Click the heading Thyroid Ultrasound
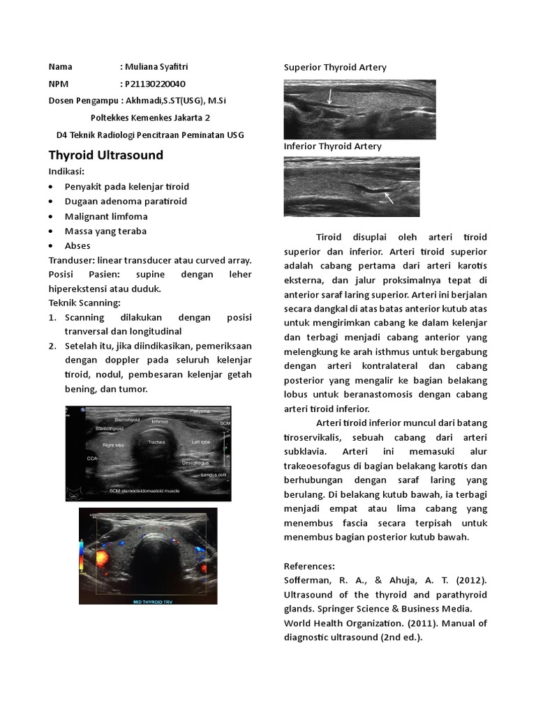(105, 155)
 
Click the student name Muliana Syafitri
(156, 67)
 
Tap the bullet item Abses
(77, 245)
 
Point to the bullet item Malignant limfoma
(106, 216)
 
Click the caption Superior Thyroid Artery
(335, 67)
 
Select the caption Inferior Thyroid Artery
(332, 146)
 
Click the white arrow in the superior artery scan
(329, 96)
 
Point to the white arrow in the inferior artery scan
(388, 198)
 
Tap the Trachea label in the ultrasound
(156, 442)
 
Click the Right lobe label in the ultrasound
(113, 443)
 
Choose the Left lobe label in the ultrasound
(201, 442)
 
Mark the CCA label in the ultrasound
(91, 459)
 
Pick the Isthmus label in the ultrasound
(160, 421)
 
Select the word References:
(309, 565)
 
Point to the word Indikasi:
(66, 172)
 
